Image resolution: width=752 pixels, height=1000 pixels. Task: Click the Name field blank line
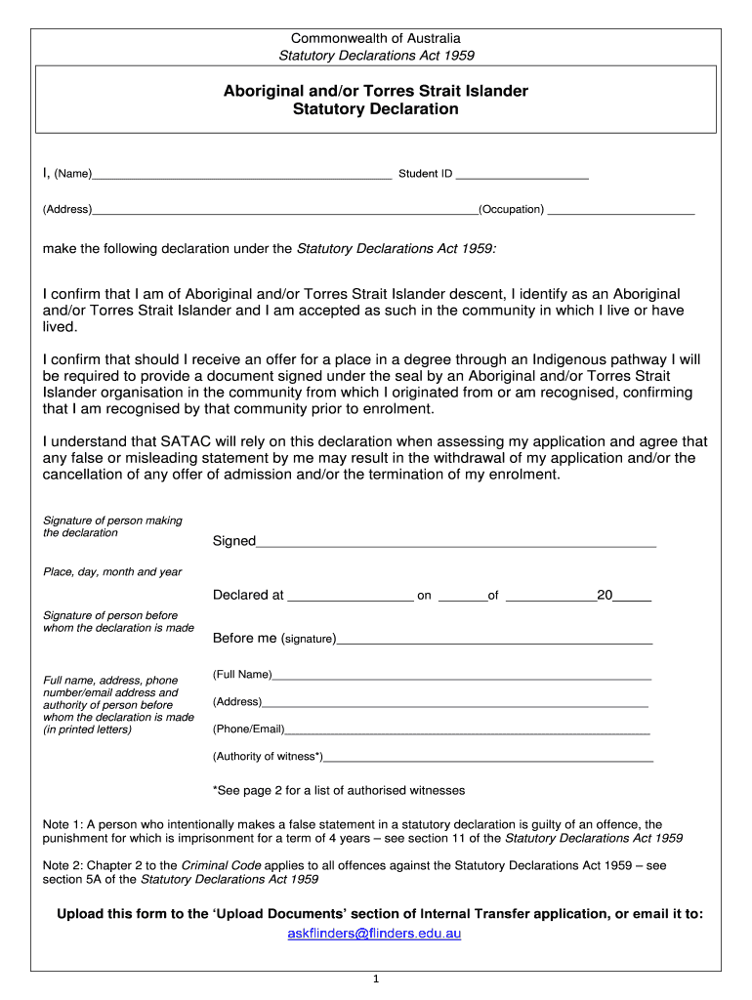(241, 178)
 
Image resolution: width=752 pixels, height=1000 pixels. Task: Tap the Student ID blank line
(522, 178)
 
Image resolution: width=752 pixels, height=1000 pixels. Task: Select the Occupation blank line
(621, 212)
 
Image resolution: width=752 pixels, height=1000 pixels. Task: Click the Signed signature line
(455, 544)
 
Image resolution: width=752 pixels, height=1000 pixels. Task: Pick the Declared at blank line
(351, 599)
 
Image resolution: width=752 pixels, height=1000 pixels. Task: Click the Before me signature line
(494, 642)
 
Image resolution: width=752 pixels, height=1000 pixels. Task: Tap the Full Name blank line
(461, 677)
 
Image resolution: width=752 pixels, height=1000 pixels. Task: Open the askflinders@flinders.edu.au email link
(374, 934)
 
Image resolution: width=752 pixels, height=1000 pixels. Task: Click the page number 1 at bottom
(376, 979)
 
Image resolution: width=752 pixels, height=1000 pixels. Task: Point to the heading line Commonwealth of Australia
(376, 38)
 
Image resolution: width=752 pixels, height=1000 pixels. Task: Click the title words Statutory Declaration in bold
(376, 109)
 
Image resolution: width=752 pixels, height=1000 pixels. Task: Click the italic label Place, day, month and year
(112, 572)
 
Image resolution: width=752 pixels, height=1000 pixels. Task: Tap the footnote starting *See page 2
(339, 790)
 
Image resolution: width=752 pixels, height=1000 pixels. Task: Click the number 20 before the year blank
(605, 595)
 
